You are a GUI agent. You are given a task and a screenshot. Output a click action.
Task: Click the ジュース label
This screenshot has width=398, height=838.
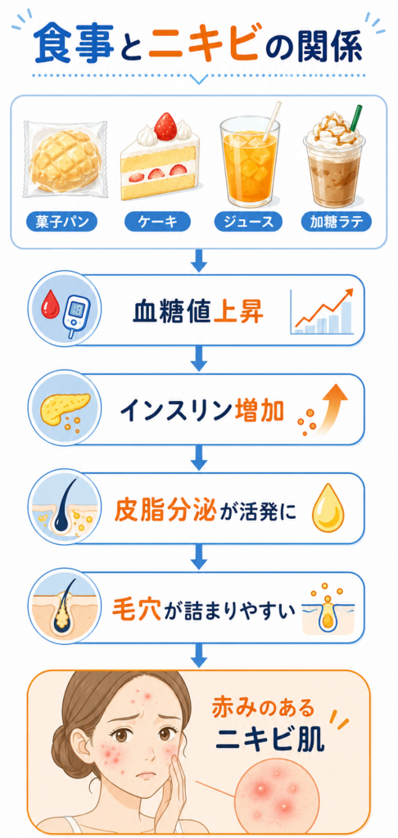click(x=249, y=221)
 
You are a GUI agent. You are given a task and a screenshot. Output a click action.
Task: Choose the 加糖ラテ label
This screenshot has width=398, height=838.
click(x=337, y=221)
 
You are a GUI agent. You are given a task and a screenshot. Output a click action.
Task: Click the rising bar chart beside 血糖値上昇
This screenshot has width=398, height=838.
click(x=322, y=311)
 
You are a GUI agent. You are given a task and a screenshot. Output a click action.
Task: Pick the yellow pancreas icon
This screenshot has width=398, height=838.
click(x=61, y=404)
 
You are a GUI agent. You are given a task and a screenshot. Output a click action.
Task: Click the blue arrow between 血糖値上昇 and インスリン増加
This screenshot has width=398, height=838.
click(x=199, y=358)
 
